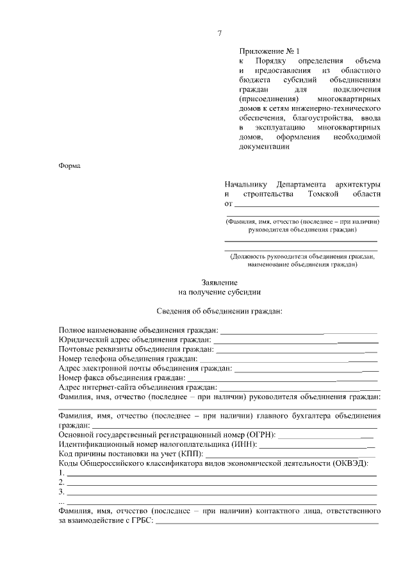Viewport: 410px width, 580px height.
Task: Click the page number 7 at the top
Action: click(219, 33)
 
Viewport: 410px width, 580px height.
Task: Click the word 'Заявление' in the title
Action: click(219, 282)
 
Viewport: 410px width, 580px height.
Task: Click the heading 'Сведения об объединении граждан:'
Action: click(219, 311)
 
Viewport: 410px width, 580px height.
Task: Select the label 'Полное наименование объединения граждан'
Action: click(138, 330)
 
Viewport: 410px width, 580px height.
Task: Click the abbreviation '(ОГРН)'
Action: click(259, 435)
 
